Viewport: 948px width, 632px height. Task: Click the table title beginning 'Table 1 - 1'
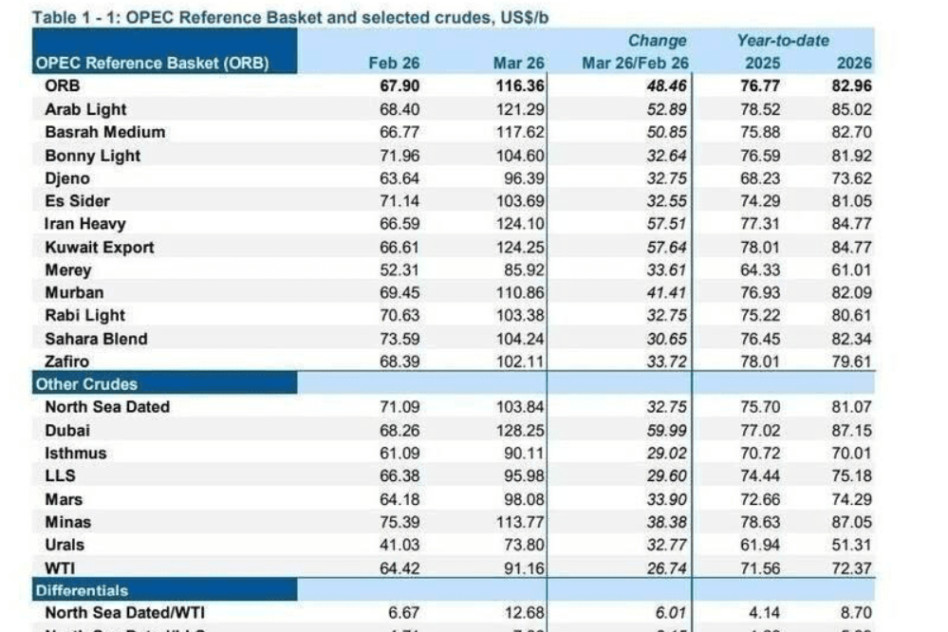(x=290, y=16)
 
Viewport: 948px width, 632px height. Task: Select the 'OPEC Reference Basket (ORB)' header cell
(x=152, y=64)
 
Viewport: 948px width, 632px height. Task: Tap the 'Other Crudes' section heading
(x=86, y=384)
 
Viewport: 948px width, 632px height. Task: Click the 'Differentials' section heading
(x=82, y=590)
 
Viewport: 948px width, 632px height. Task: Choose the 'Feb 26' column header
(x=393, y=64)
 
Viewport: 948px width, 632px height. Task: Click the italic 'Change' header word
(x=657, y=41)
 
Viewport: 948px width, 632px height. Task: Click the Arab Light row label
(x=85, y=110)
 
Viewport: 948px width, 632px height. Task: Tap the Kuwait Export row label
(x=100, y=248)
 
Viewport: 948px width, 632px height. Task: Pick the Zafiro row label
(x=68, y=362)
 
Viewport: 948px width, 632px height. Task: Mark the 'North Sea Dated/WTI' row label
(x=124, y=614)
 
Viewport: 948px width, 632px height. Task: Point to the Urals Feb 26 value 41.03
(x=400, y=546)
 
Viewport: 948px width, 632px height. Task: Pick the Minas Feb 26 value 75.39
(x=400, y=523)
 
